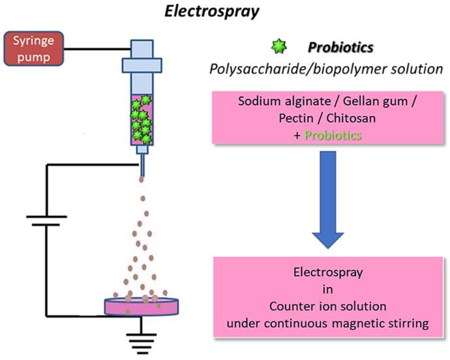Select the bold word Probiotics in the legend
click(341, 49)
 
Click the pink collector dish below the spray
click(142, 306)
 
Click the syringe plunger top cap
click(142, 48)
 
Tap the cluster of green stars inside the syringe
click(142, 116)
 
